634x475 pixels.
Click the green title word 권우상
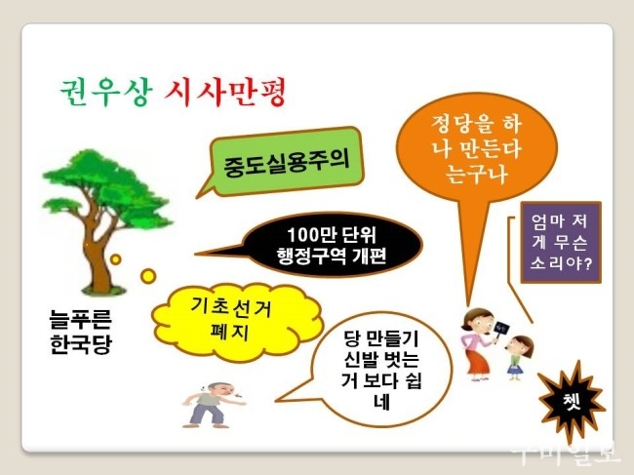click(x=106, y=93)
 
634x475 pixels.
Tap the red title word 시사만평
click(x=225, y=93)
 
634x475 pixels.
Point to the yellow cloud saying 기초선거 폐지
click(x=237, y=322)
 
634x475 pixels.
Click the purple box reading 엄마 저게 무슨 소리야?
click(x=561, y=242)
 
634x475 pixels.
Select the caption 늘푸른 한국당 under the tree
click(x=80, y=332)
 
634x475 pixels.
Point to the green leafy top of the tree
click(x=107, y=188)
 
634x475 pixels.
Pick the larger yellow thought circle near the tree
click(x=148, y=276)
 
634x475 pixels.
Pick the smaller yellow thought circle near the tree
click(x=116, y=259)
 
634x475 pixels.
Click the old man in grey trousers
click(x=213, y=404)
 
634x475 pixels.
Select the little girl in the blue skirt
click(x=519, y=357)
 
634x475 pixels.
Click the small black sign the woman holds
click(x=501, y=328)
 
